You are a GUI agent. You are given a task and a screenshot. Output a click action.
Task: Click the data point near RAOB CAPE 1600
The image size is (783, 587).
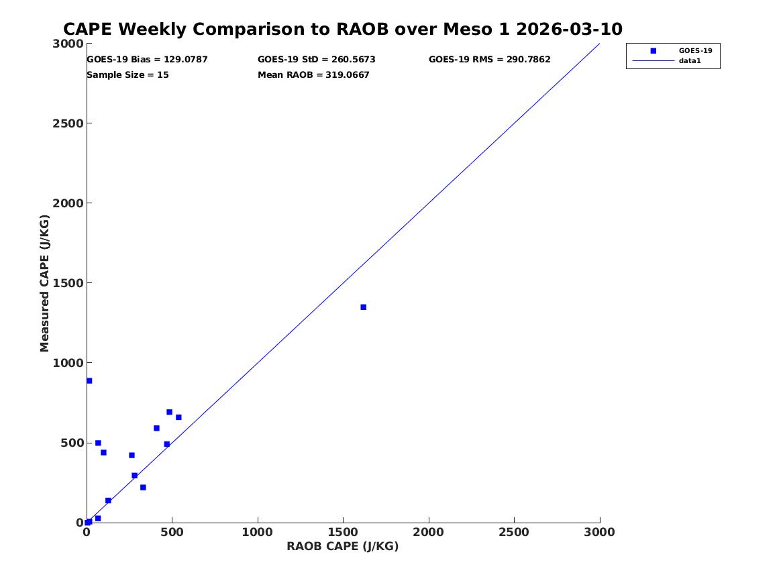[363, 307]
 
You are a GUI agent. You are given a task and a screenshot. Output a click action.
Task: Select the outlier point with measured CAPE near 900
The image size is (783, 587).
[89, 381]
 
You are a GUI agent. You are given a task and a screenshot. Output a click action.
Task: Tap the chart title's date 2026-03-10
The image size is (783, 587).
[569, 29]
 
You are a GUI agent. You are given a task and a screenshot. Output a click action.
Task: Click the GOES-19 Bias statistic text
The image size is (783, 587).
[147, 60]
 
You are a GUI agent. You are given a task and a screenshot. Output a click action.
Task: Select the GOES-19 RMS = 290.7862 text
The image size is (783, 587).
[489, 60]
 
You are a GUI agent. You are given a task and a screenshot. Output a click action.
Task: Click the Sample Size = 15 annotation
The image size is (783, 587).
[127, 75]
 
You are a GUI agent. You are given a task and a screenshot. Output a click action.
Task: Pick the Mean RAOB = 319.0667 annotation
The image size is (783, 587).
[313, 75]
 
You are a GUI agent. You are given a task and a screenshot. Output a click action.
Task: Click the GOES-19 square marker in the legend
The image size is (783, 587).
[653, 50]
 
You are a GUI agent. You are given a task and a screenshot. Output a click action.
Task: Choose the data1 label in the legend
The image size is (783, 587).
[690, 60]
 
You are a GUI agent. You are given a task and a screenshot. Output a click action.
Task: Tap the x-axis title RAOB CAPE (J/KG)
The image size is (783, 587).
[343, 546]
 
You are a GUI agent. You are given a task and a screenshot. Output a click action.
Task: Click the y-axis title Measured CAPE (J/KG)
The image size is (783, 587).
[44, 283]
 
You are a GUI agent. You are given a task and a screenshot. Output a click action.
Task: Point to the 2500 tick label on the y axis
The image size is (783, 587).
[68, 123]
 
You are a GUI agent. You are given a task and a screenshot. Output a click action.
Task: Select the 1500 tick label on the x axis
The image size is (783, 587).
[343, 532]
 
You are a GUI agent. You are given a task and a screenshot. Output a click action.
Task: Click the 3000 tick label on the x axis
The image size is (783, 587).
[599, 532]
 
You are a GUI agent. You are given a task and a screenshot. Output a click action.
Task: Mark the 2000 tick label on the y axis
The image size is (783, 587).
[68, 203]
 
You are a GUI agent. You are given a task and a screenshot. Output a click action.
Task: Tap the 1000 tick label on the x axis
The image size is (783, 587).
[257, 532]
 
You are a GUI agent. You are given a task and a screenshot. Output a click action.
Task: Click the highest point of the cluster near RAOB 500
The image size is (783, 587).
[169, 413]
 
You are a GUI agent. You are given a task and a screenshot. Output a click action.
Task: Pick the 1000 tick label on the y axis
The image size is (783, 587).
[68, 363]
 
